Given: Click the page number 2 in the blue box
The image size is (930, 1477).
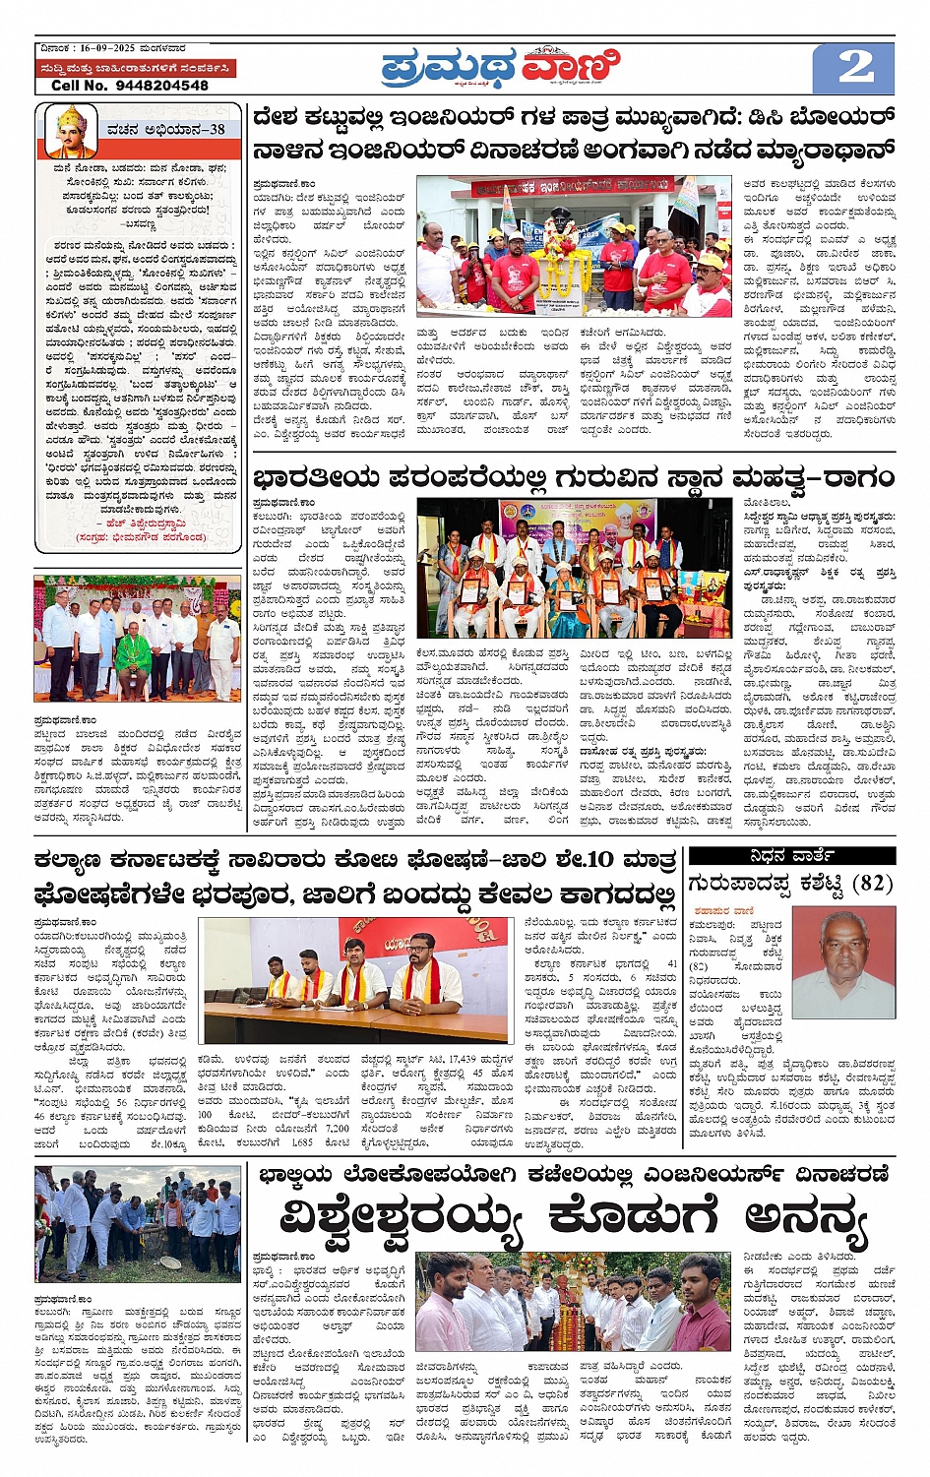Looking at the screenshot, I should pos(854,68).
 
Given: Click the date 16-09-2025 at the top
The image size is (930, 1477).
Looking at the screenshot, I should pos(108,47).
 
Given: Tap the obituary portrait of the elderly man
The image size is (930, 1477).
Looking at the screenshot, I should pos(842,964).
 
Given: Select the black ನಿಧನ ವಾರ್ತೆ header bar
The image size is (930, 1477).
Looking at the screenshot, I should pos(792,855).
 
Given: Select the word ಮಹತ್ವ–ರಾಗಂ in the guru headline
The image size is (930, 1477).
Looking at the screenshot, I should pos(813,479).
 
